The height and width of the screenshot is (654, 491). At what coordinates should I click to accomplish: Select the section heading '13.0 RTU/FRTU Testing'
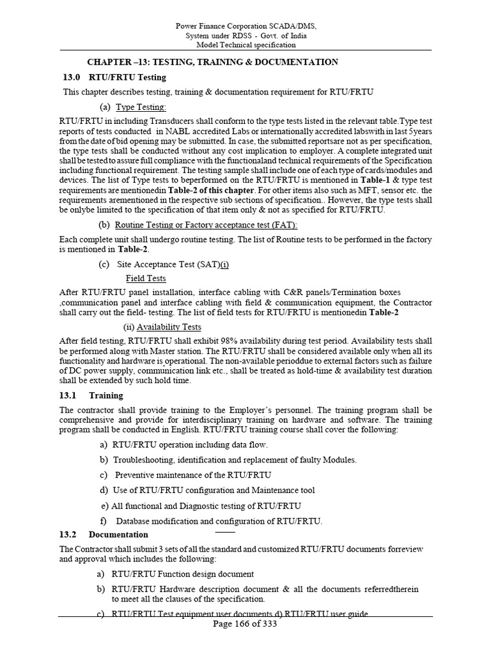point(114,77)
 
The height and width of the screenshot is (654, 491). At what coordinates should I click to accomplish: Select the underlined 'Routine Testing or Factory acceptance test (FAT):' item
point(206,225)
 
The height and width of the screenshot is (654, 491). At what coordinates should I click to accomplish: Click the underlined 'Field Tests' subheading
point(146,278)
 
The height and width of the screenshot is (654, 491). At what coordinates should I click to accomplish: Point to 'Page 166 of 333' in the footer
point(245,624)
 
